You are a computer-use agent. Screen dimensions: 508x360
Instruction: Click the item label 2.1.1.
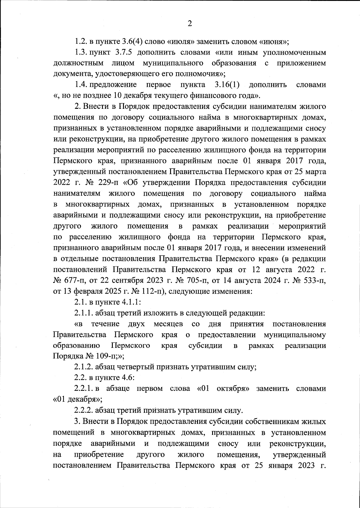83,313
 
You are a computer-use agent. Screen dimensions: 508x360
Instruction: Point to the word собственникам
271,421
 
